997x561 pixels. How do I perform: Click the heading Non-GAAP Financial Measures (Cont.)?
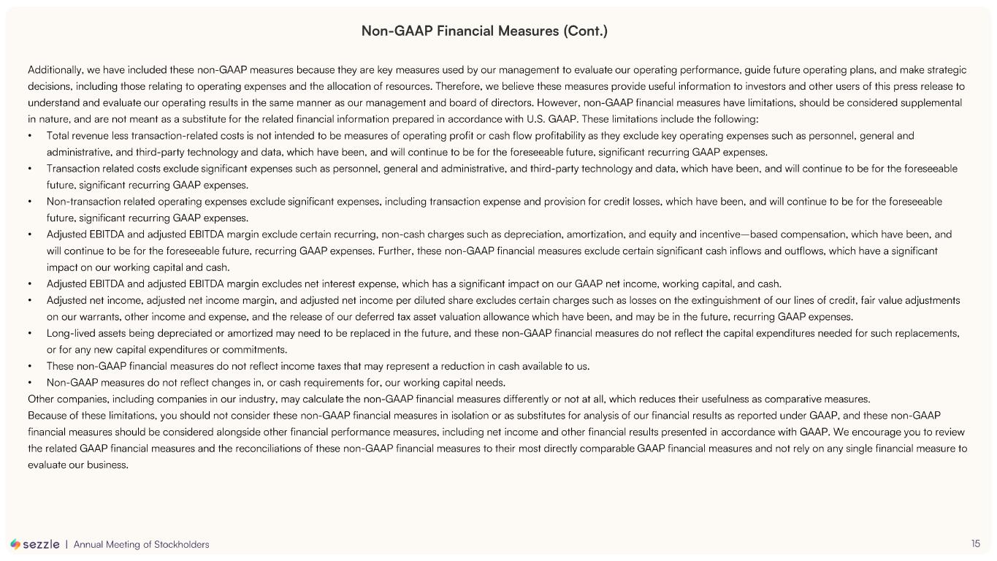(x=484, y=31)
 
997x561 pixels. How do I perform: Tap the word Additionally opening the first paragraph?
(x=55, y=70)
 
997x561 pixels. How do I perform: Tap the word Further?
(x=395, y=251)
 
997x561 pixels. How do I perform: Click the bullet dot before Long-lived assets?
(x=29, y=333)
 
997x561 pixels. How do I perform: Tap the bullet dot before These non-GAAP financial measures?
(x=29, y=366)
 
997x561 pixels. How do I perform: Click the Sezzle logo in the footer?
(x=35, y=544)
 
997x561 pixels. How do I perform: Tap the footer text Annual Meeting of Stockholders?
(x=141, y=544)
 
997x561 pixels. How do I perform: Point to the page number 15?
(x=976, y=543)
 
